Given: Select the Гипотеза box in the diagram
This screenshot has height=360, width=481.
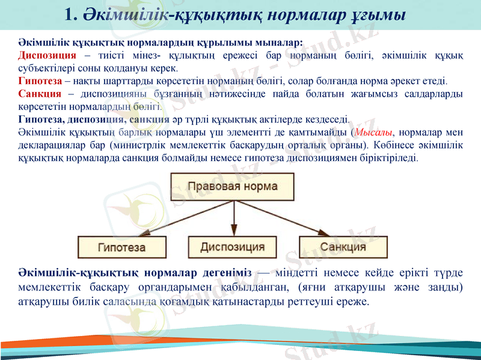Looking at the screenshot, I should (x=122, y=246).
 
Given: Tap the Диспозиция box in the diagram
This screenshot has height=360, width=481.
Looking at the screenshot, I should (x=232, y=246).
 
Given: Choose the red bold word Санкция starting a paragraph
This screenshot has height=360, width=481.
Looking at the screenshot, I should (x=39, y=94).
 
